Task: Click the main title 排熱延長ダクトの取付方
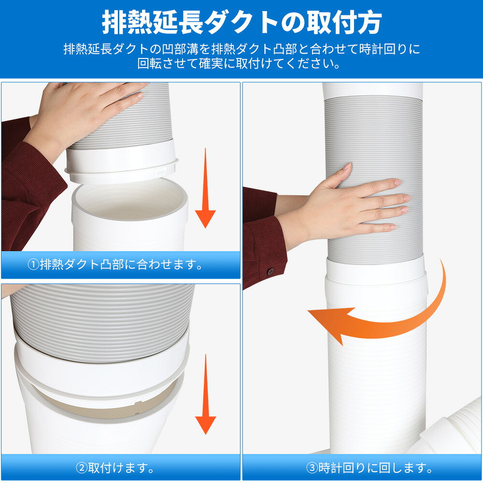242,22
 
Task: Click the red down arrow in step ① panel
205,187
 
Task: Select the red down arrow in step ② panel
205,394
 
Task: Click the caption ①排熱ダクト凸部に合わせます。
115,265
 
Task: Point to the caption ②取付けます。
115,468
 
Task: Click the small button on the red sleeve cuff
270,271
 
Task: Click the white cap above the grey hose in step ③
372,91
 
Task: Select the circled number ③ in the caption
312,468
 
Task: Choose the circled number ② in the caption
82,468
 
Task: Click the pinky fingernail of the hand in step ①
141,95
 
